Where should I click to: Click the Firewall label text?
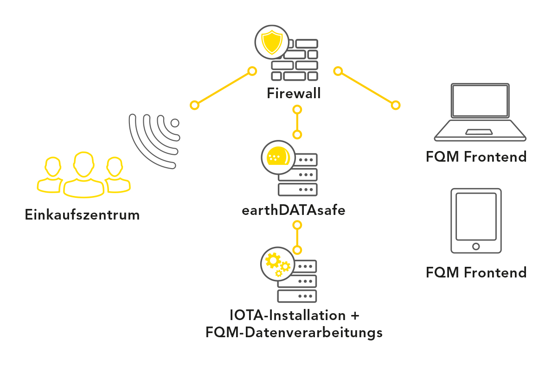coord(294,94)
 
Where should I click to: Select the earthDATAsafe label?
coord(293,210)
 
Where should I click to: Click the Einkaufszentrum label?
coord(82,215)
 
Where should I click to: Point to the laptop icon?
coord(480,112)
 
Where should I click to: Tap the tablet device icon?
coord(476,220)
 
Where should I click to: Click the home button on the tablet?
coord(476,246)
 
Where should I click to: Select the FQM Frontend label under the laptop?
coord(476,157)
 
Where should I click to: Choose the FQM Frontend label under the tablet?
coord(476,272)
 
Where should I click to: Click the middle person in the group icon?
coord(83,174)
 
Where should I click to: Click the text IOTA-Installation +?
coord(295,316)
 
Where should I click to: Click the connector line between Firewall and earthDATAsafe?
coord(297,122)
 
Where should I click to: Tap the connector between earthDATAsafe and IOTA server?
coord(297,237)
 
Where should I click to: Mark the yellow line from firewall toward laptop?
coord(367,88)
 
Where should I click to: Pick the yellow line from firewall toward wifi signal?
coord(223,88)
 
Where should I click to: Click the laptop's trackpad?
coord(479,132)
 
